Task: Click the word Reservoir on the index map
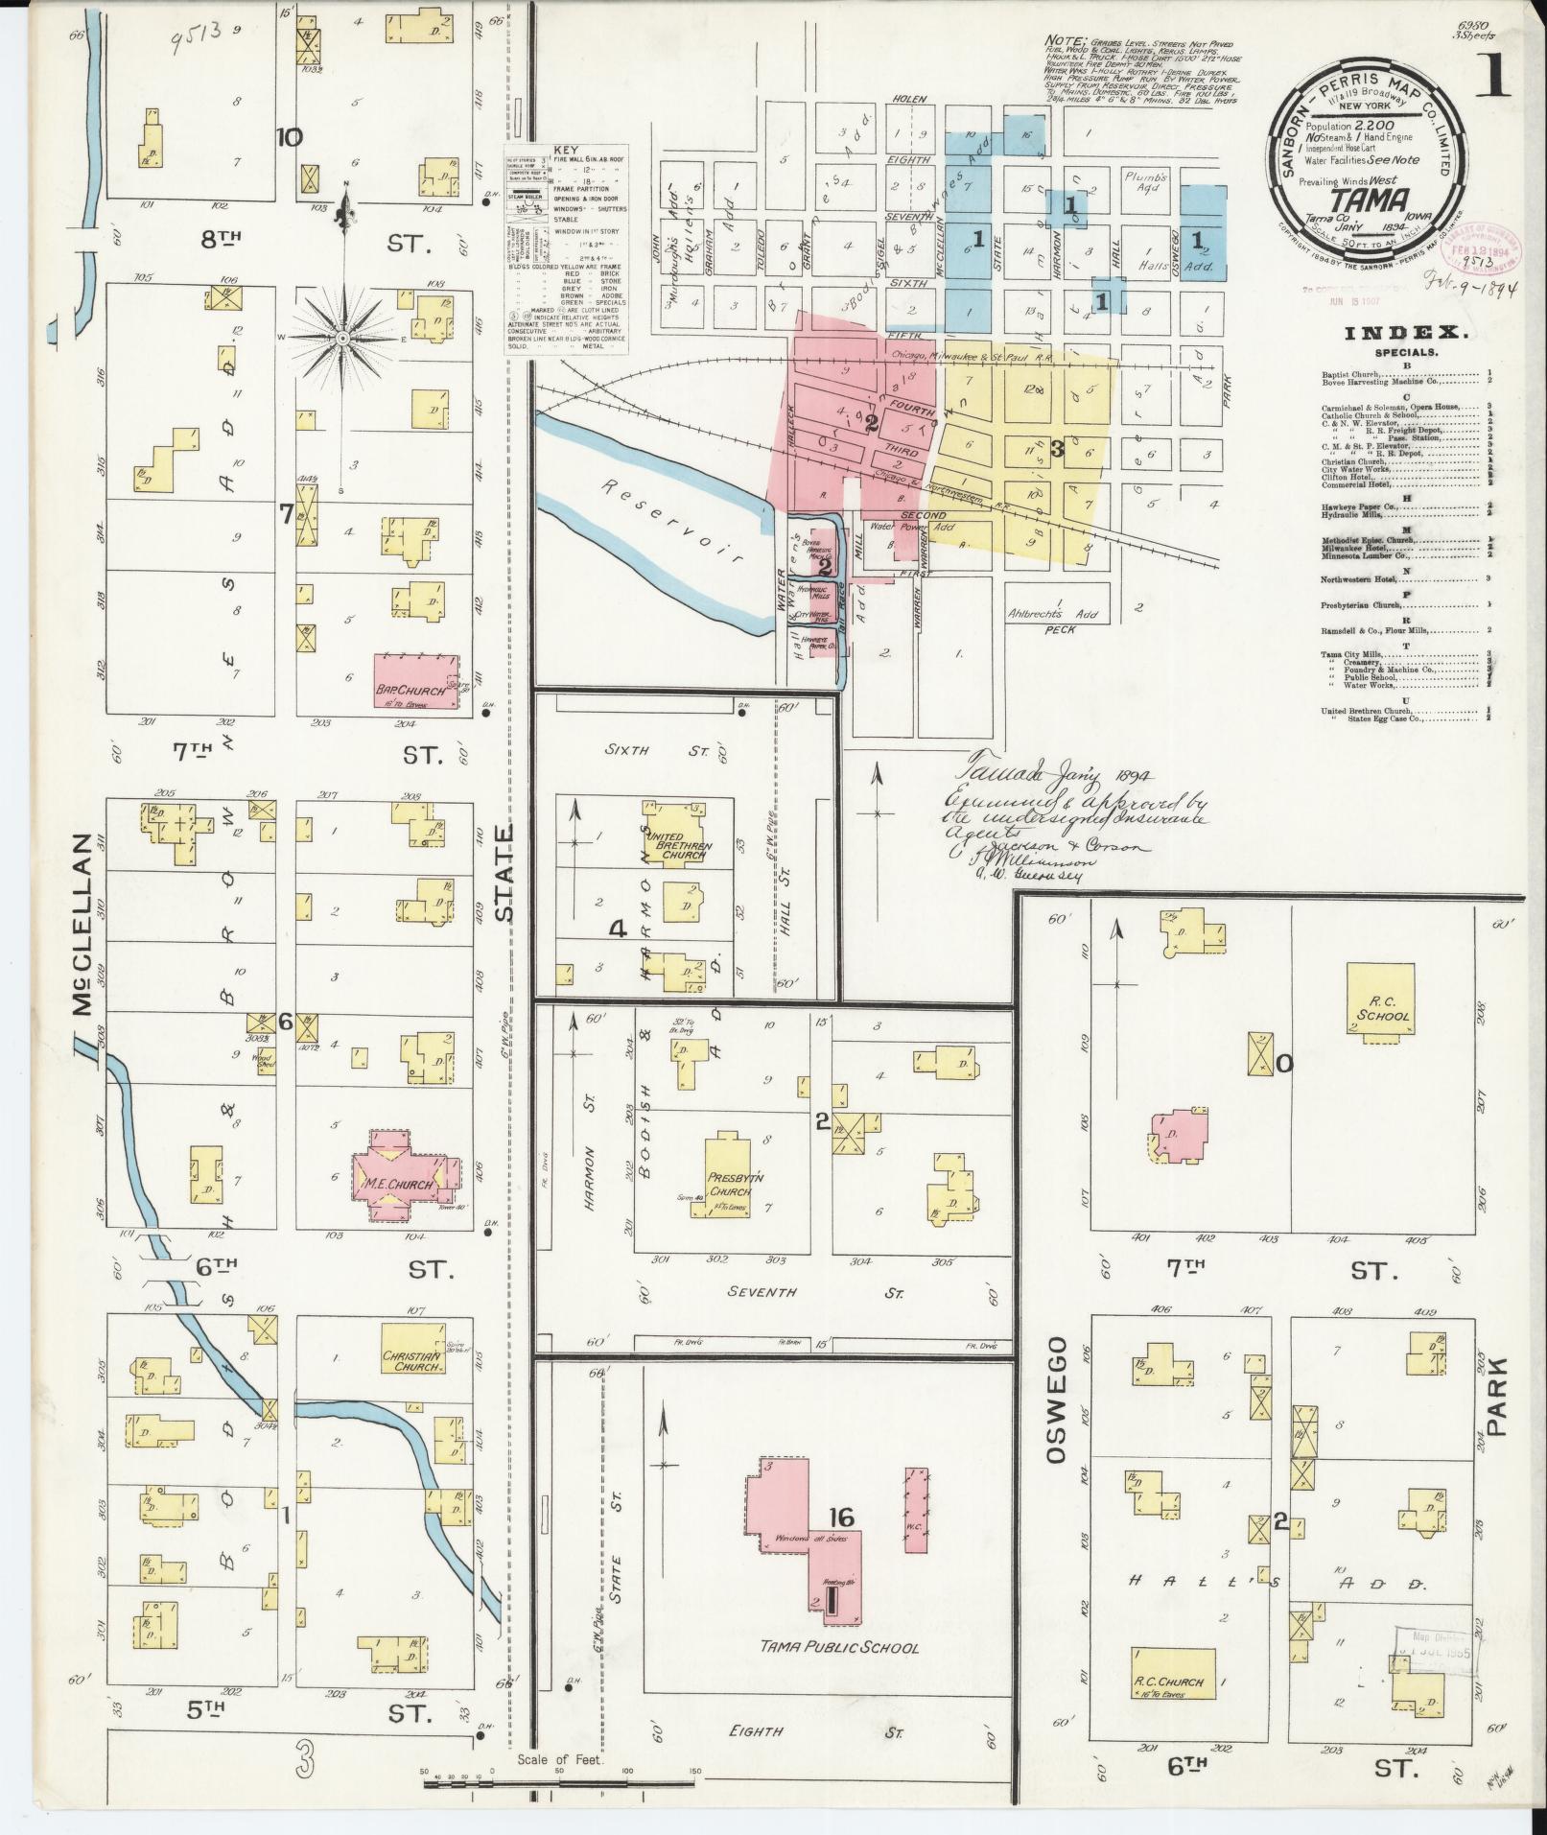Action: [660, 520]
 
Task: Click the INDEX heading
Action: [1406, 333]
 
